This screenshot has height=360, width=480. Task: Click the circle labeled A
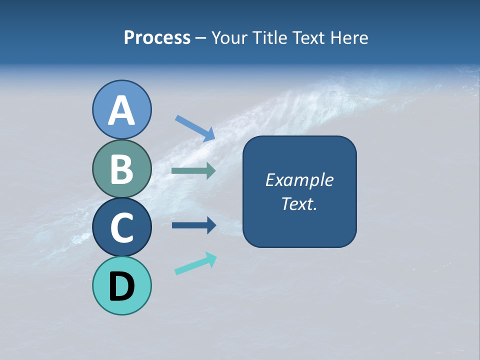click(x=121, y=109)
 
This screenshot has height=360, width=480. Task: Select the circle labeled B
click(x=121, y=168)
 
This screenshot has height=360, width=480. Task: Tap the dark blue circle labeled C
click(x=121, y=227)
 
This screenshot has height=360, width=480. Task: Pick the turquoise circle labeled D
click(x=121, y=285)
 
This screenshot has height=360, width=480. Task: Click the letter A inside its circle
click(x=121, y=110)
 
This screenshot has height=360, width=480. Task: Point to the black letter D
click(x=121, y=286)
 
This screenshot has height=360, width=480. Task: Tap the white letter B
click(x=121, y=169)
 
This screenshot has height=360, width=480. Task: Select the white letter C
click(x=121, y=227)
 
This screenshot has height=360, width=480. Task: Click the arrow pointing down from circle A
click(x=194, y=128)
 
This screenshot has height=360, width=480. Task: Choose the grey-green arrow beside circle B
click(x=193, y=171)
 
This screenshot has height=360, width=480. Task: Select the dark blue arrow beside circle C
click(x=193, y=225)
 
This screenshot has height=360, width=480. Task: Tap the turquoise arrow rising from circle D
click(x=195, y=263)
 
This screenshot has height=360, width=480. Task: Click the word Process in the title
click(x=157, y=38)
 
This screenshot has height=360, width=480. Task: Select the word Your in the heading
click(x=230, y=38)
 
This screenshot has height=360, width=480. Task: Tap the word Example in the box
click(x=299, y=180)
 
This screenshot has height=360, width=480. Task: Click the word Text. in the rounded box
click(x=299, y=204)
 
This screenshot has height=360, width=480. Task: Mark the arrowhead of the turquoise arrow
click(x=211, y=259)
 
